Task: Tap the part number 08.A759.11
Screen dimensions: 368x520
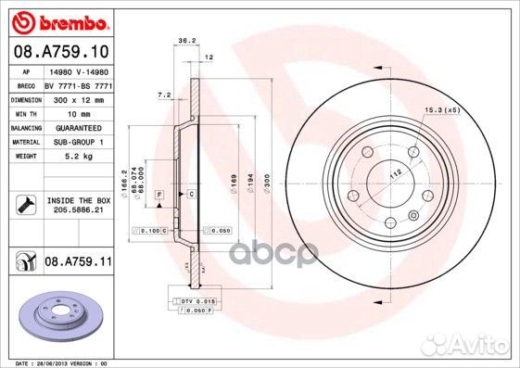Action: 77,262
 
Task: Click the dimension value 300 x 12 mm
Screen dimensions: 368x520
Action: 75,98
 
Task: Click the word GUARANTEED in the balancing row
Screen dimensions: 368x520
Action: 78,127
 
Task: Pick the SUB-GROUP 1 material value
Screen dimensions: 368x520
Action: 76,141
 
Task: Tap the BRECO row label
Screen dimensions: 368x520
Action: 28,83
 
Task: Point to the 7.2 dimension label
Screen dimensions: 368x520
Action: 164,95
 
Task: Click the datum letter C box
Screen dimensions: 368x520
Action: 190,193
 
